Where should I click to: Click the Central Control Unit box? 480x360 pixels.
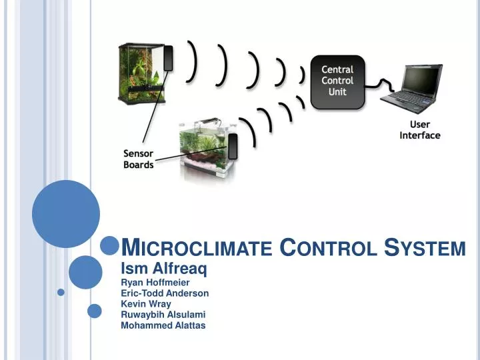pos(338,81)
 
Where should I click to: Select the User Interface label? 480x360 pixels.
pos(419,130)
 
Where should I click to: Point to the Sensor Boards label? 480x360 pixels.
pos(139,159)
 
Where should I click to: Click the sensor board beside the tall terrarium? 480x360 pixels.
pos(169,58)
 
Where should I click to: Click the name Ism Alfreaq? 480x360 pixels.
pos(163,269)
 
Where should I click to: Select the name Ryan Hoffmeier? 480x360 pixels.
pos(155,282)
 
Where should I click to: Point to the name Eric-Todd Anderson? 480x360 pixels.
pos(165,293)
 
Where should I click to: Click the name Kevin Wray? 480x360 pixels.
pos(146,304)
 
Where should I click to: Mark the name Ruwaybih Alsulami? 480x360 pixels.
pos(163,315)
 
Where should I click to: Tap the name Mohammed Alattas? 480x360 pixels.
pos(163,325)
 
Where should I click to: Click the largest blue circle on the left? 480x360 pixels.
pos(65,214)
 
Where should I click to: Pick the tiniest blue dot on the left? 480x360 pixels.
pos(61,292)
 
